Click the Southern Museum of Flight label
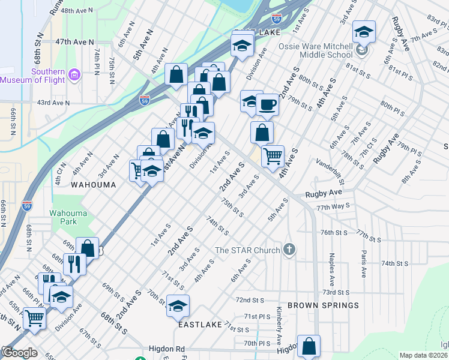point(32,76)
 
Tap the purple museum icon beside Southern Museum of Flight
point(74,75)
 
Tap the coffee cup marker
point(268,105)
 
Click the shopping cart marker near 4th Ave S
point(273,157)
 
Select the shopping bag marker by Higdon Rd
point(309,346)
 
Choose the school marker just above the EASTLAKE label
point(178,306)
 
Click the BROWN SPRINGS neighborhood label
point(323,305)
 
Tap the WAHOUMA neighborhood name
point(93,185)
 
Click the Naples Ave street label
point(330,268)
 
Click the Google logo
point(19,352)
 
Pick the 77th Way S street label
point(333,206)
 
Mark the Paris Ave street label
point(363,264)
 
